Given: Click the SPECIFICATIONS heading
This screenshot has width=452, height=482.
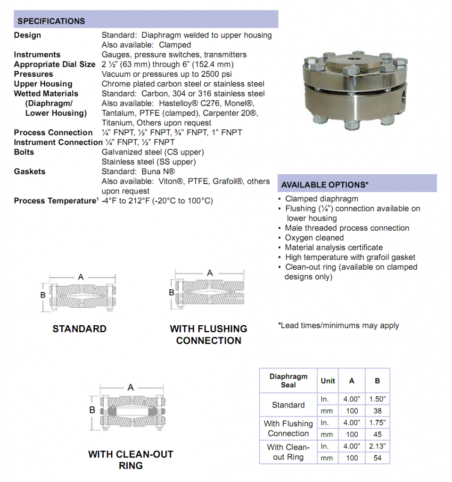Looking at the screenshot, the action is click(x=51, y=21).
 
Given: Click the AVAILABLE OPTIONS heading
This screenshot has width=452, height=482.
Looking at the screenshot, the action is click(x=324, y=185).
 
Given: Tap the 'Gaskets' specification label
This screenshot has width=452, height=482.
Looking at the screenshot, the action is click(x=30, y=172).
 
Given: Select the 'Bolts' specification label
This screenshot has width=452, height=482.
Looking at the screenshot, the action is click(x=24, y=152).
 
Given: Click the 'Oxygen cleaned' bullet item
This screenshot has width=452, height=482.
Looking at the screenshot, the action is click(x=314, y=238).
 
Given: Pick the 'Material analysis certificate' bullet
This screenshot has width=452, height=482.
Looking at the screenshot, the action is click(x=334, y=248).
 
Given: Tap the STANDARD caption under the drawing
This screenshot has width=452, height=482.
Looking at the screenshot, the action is click(x=79, y=329).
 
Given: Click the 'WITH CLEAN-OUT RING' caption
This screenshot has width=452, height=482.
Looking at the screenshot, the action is click(x=131, y=460).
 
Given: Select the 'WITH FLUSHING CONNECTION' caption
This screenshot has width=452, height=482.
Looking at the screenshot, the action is click(x=208, y=335).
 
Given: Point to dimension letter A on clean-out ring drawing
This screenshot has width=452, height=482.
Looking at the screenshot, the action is click(x=131, y=387).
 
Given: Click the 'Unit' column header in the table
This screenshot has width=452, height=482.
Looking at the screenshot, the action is click(x=328, y=381).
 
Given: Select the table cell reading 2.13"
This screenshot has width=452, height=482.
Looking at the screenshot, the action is click(x=377, y=446).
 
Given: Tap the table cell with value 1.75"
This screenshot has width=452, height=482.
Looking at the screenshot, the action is click(x=377, y=423).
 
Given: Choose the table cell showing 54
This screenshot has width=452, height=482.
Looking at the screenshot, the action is click(x=377, y=458).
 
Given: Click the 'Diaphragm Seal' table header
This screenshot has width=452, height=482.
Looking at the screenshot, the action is click(x=288, y=381).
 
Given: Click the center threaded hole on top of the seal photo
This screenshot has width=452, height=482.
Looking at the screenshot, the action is click(x=353, y=60).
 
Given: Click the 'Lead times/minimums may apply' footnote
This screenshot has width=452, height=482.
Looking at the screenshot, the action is click(x=338, y=326).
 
